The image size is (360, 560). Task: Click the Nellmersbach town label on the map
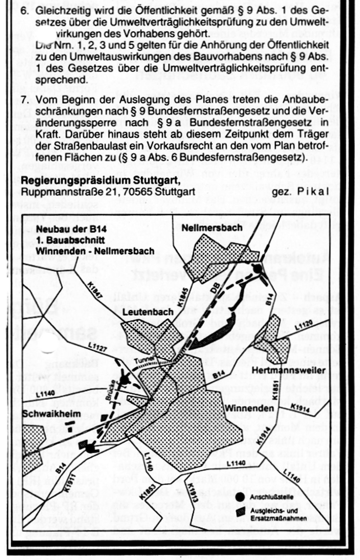pyautogui.click(x=212, y=228)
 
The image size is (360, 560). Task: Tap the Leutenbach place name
pyautogui.click(x=148, y=312)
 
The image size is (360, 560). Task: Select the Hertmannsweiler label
pyautogui.click(x=284, y=370)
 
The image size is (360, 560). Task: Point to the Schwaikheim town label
pyautogui.click(x=51, y=414)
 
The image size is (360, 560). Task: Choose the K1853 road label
pyautogui.click(x=145, y=490)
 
